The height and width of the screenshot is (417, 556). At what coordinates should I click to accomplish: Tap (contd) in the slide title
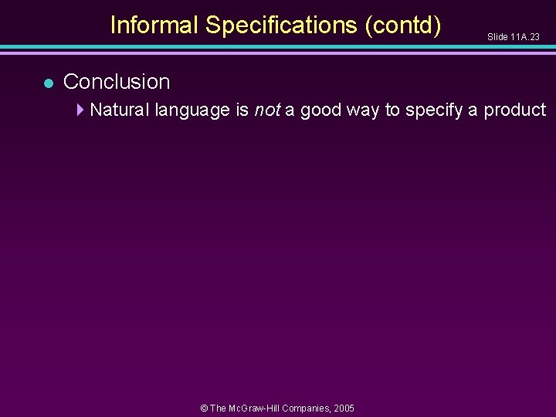(404, 25)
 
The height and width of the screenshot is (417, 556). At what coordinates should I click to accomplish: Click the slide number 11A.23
(525, 37)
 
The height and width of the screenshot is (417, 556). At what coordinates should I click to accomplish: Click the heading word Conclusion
(117, 81)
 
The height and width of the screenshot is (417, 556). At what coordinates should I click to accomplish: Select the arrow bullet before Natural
(81, 110)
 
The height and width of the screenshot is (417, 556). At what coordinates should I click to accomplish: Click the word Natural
(120, 110)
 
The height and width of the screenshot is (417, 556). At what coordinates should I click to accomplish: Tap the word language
(192, 110)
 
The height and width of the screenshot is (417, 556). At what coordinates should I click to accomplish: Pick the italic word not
(266, 110)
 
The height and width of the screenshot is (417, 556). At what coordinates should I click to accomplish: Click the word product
(515, 110)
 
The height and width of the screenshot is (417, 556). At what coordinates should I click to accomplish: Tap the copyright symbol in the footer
(204, 408)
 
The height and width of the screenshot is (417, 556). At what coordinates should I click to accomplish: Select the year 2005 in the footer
(344, 408)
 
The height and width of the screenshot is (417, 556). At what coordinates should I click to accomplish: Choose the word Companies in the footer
(307, 408)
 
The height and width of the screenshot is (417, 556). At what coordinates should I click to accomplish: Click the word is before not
(242, 110)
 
